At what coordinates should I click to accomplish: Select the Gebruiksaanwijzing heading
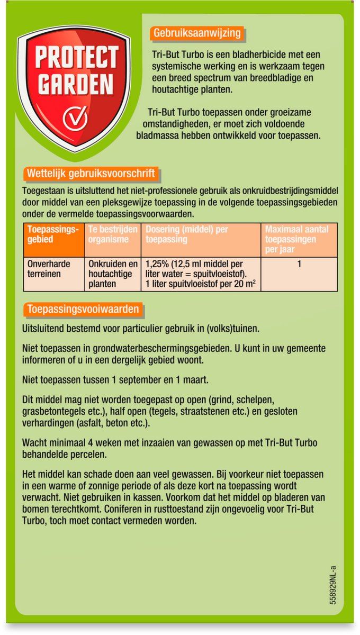point(197,33)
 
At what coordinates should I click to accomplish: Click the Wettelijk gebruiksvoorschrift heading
point(91,174)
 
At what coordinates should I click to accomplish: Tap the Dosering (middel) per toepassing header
point(187,234)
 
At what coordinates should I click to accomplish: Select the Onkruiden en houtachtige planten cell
point(113,274)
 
